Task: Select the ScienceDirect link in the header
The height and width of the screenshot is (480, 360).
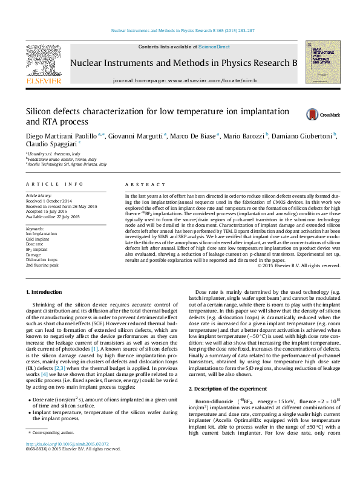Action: pos(214,47)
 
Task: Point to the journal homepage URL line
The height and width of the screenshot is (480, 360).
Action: pos(184,80)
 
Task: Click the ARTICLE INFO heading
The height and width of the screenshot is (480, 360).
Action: pos(54,184)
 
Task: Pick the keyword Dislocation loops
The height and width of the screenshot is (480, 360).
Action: pos(41,259)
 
